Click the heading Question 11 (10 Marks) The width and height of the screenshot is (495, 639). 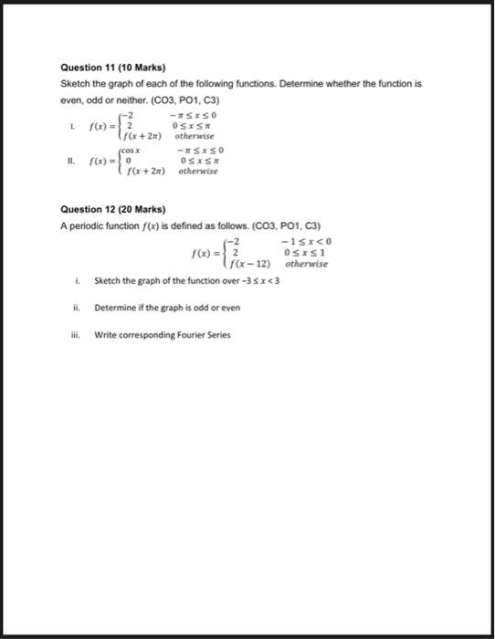pyautogui.click(x=103, y=68)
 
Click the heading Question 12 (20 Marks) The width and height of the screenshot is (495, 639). pyautogui.click(x=103, y=208)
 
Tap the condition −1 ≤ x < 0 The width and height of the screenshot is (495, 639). pyautogui.click(x=306, y=240)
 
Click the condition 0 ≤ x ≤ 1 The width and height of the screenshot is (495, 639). pyautogui.click(x=305, y=252)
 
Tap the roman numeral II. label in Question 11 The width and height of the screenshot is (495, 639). pyautogui.click(x=69, y=161)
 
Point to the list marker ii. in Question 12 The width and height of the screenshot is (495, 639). pyautogui.click(x=78, y=308)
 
